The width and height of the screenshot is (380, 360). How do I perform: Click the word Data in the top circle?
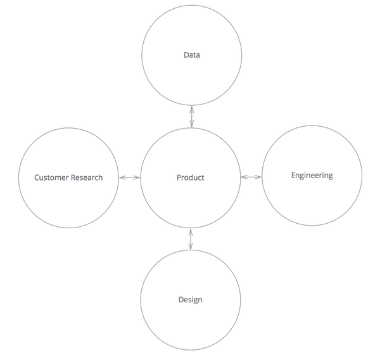(x=191, y=55)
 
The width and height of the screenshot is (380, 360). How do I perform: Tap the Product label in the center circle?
(x=190, y=177)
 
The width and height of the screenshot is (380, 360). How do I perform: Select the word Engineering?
(x=312, y=176)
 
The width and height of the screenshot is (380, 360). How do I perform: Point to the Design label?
(x=190, y=299)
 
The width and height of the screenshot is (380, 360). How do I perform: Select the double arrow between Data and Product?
(x=191, y=117)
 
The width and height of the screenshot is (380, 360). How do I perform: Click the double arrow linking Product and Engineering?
(x=251, y=176)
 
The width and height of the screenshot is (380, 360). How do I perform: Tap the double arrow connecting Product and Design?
(x=191, y=238)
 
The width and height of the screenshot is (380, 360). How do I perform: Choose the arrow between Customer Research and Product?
(x=130, y=177)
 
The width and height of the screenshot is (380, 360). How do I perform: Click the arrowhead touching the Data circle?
(x=191, y=109)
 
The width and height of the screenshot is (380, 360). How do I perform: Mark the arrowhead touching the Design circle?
(x=191, y=247)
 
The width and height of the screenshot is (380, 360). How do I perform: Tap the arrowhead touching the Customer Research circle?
(x=122, y=177)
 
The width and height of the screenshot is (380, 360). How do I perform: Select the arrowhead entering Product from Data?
(x=191, y=124)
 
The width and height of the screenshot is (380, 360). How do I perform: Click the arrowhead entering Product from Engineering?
(x=243, y=176)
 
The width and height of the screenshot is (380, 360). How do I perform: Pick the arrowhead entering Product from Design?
(x=191, y=231)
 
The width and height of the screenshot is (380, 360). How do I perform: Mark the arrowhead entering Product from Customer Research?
(x=137, y=177)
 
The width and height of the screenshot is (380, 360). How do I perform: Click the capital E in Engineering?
(x=293, y=175)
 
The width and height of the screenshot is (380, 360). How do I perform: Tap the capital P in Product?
(x=179, y=177)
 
